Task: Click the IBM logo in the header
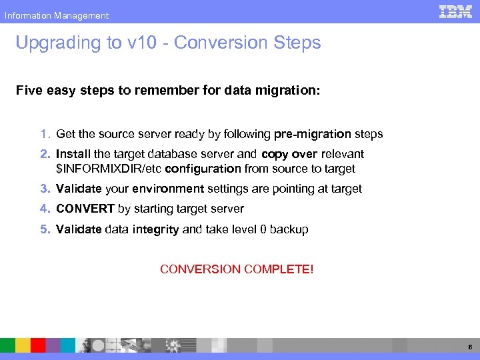(456, 11)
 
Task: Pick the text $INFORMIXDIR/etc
(109, 169)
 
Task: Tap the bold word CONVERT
(85, 209)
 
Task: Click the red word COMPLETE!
(279, 269)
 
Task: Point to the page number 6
(470, 347)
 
